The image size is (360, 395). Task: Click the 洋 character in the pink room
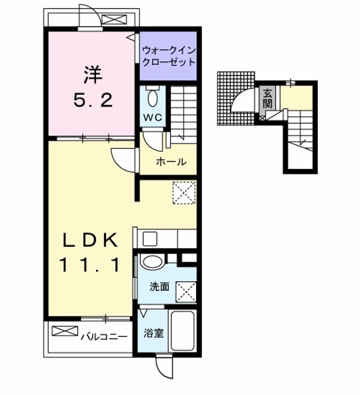pyautogui.click(x=93, y=75)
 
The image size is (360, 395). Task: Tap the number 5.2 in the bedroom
pyautogui.click(x=93, y=100)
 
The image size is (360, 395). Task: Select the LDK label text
pyautogui.click(x=90, y=240)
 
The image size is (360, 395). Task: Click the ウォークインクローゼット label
pyautogui.click(x=169, y=56)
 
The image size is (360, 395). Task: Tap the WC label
pyautogui.click(x=153, y=117)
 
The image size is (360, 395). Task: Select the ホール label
pyautogui.click(x=172, y=162)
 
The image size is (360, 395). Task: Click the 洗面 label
pyautogui.click(x=159, y=287)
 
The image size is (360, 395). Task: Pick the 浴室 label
pyautogui.click(x=154, y=333)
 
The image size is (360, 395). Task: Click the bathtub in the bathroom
pyautogui.click(x=182, y=331)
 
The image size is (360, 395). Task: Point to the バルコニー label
pyautogui.click(x=104, y=337)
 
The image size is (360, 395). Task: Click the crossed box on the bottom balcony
pyautogui.click(x=65, y=331)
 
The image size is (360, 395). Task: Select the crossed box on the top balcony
pyautogui.click(x=114, y=20)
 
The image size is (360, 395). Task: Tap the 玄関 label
pyautogui.click(x=267, y=99)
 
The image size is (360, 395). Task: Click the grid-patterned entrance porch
pyautogui.click(x=236, y=98)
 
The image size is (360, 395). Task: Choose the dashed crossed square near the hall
pyautogui.click(x=184, y=192)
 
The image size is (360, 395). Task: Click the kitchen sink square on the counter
pyautogui.click(x=150, y=239)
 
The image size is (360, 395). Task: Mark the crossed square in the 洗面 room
pyautogui.click(x=186, y=292)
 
